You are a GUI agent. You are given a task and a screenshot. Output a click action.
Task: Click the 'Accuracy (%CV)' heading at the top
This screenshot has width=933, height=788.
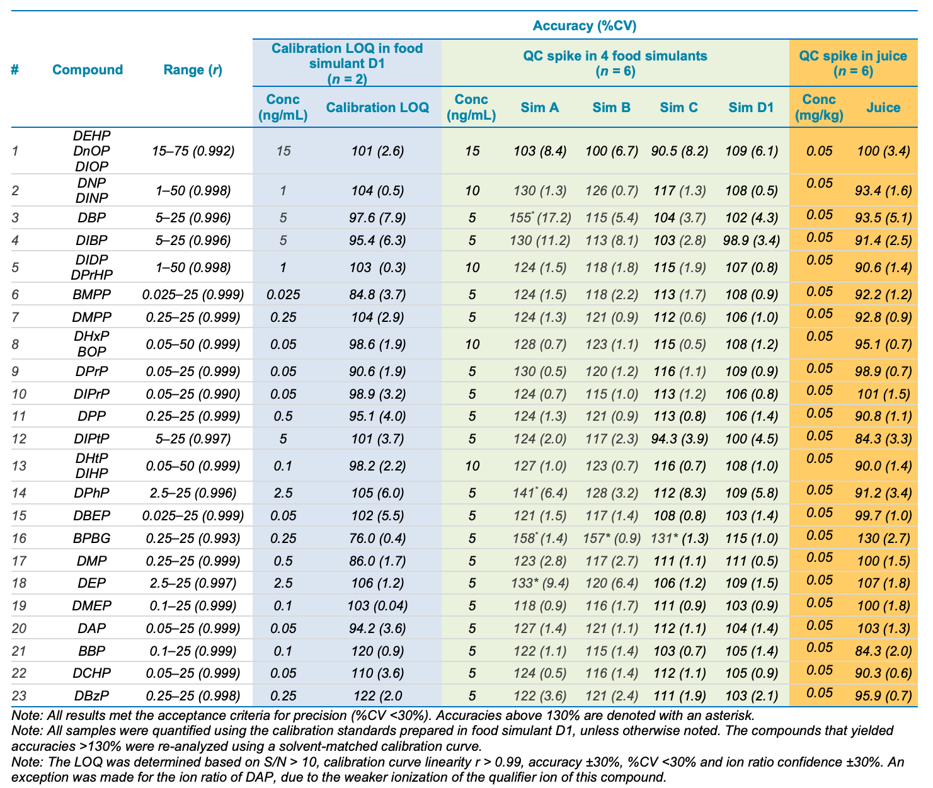(x=585, y=25)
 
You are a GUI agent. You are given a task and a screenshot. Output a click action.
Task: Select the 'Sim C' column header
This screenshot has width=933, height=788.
(x=678, y=107)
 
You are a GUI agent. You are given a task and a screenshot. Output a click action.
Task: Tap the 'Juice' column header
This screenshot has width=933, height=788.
(x=883, y=107)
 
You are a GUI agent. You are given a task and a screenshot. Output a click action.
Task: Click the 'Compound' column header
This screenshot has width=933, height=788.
(x=88, y=70)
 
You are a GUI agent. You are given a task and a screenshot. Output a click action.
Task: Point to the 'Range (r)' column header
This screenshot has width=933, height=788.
(x=193, y=70)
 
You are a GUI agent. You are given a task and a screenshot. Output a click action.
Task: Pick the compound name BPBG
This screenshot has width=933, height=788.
(x=91, y=538)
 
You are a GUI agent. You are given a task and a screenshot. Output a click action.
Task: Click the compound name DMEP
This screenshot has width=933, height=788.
(x=91, y=605)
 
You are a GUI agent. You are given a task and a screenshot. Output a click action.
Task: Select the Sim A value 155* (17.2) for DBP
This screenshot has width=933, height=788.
(x=540, y=217)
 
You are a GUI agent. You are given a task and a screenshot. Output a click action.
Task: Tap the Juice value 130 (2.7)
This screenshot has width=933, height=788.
(x=883, y=538)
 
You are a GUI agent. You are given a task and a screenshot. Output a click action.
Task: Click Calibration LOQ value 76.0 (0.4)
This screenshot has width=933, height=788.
(x=377, y=538)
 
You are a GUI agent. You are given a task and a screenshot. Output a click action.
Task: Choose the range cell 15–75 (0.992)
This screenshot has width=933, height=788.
(x=193, y=151)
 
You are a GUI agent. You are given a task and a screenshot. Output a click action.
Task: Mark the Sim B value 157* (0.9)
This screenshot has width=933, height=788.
(x=611, y=538)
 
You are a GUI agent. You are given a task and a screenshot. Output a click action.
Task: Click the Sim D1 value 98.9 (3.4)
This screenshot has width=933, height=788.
(x=751, y=241)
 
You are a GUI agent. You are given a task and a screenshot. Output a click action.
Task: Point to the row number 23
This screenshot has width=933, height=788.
(x=19, y=695)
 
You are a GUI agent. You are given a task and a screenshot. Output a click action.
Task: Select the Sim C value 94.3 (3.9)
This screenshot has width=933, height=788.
(x=679, y=438)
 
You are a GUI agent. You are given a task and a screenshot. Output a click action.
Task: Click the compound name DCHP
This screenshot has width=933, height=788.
(x=91, y=673)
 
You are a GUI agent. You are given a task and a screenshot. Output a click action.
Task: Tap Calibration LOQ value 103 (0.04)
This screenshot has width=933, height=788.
(x=377, y=605)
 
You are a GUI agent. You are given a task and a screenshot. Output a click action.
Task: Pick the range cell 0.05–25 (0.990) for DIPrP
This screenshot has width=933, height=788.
(x=193, y=394)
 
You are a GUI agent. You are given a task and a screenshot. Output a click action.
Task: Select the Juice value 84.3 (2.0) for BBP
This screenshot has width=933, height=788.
(x=883, y=651)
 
